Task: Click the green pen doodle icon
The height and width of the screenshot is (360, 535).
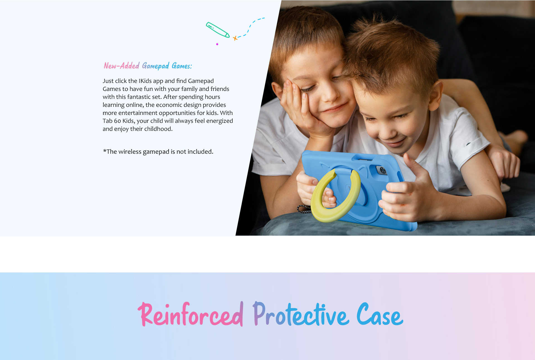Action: [218, 30]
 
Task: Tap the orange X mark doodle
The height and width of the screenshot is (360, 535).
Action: [235, 38]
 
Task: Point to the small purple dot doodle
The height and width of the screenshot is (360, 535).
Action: [217, 44]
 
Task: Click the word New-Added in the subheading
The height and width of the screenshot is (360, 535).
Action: [121, 66]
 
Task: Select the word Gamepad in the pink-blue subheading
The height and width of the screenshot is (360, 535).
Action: [155, 66]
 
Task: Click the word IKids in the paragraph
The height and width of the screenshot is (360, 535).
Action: [145, 81]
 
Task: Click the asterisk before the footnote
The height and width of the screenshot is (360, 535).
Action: [105, 151]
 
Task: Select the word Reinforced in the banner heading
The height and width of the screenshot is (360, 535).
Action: [191, 314]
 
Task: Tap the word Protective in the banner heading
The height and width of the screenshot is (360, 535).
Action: [301, 314]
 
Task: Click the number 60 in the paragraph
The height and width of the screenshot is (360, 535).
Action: [117, 121]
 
